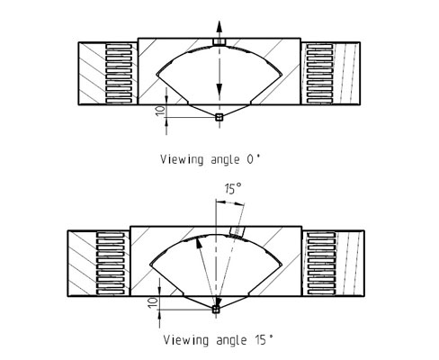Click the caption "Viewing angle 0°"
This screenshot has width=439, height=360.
[x=211, y=159]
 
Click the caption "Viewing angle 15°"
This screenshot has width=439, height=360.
[x=219, y=340]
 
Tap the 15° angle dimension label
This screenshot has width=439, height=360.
[x=233, y=189]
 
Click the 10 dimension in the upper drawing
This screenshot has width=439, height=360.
[x=161, y=109]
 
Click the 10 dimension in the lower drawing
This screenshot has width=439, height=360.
[x=153, y=302]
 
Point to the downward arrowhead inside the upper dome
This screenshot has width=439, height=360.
[x=219, y=89]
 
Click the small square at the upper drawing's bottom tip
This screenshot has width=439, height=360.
[x=219, y=117]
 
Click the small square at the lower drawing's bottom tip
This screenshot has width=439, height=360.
[x=216, y=309]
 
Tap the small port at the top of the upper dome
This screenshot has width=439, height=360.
[x=219, y=41]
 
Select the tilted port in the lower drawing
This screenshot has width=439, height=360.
[x=237, y=231]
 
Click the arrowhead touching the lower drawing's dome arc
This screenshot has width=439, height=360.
[x=198, y=242]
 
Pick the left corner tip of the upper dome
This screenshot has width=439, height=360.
[x=157, y=74]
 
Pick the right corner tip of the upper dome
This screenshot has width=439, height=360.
[x=282, y=74]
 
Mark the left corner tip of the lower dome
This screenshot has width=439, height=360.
[x=150, y=265]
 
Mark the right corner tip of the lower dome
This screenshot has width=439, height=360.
[x=282, y=265]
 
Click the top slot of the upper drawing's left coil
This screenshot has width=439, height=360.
[x=119, y=47]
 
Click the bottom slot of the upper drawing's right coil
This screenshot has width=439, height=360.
[x=319, y=101]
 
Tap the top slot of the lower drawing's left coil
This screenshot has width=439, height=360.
[x=111, y=235]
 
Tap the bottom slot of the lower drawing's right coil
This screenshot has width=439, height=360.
[x=321, y=292]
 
